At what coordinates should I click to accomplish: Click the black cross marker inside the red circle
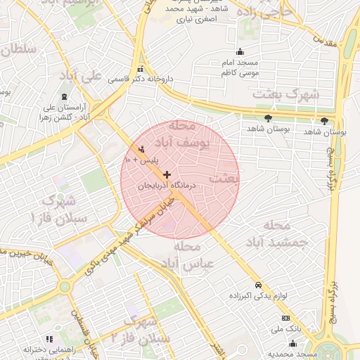[167, 174]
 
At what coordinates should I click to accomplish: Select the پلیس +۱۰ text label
[141, 160]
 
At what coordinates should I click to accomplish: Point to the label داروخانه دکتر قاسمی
[141, 79]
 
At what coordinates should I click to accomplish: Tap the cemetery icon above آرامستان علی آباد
[65, 96]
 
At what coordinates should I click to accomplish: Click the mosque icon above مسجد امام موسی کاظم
[240, 51]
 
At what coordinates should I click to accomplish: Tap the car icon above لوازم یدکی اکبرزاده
[259, 285]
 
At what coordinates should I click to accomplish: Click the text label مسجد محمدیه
[297, 354]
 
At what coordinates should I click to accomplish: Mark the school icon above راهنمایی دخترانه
[49, 339]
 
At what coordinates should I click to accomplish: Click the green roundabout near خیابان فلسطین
[65, 286]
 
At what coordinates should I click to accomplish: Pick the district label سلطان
[18, 50]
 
